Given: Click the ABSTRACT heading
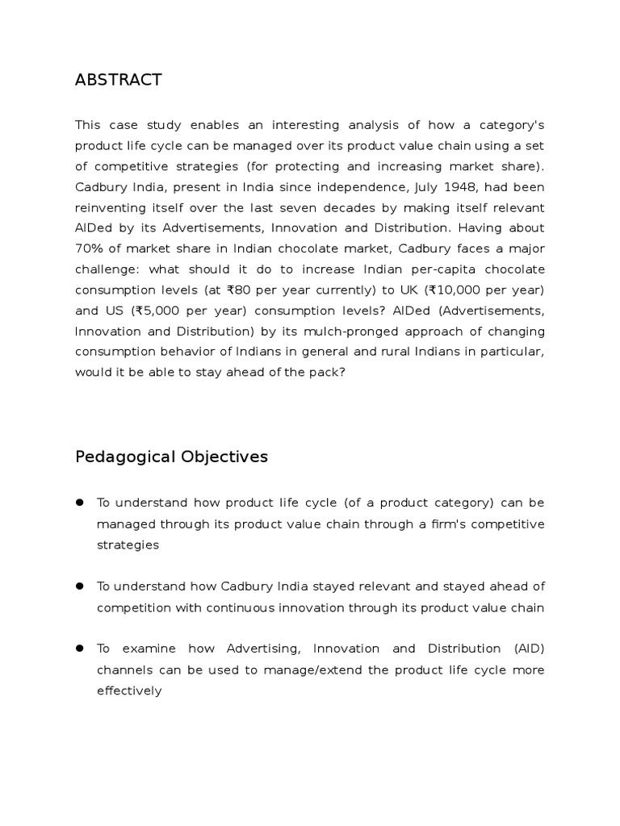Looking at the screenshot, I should [118, 80].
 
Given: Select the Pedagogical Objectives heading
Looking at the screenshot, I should [171, 457].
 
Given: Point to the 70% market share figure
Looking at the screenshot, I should [90, 249].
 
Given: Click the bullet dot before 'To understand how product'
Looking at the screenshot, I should [81, 503].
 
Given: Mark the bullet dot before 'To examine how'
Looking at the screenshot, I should [81, 649].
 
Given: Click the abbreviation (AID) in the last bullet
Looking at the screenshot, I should [528, 649].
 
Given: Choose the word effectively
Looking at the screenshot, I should [129, 691].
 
